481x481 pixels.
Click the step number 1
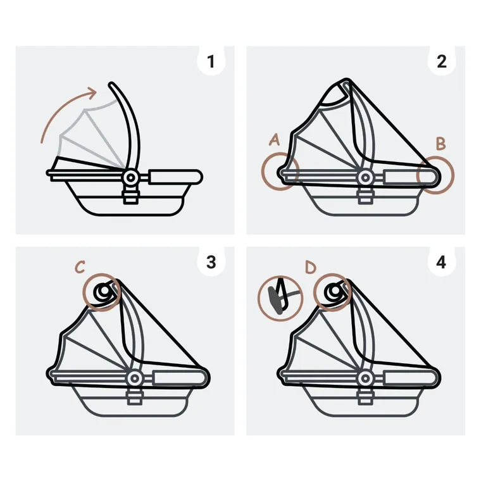click(x=211, y=61)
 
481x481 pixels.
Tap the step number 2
click(x=441, y=61)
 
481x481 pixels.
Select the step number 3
click(x=211, y=262)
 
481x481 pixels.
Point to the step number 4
click(x=441, y=262)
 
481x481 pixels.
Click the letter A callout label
click(x=274, y=141)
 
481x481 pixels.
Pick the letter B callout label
click(x=440, y=144)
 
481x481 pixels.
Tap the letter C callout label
click(x=80, y=267)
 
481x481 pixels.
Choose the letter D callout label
click(x=310, y=267)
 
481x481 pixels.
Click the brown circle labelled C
click(x=102, y=292)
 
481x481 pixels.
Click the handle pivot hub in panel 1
click(x=131, y=178)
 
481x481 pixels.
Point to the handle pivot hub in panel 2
click(x=365, y=178)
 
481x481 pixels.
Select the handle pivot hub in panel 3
click(x=134, y=378)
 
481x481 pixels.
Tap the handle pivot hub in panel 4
click(x=365, y=378)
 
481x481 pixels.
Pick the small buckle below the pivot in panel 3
click(x=134, y=397)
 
